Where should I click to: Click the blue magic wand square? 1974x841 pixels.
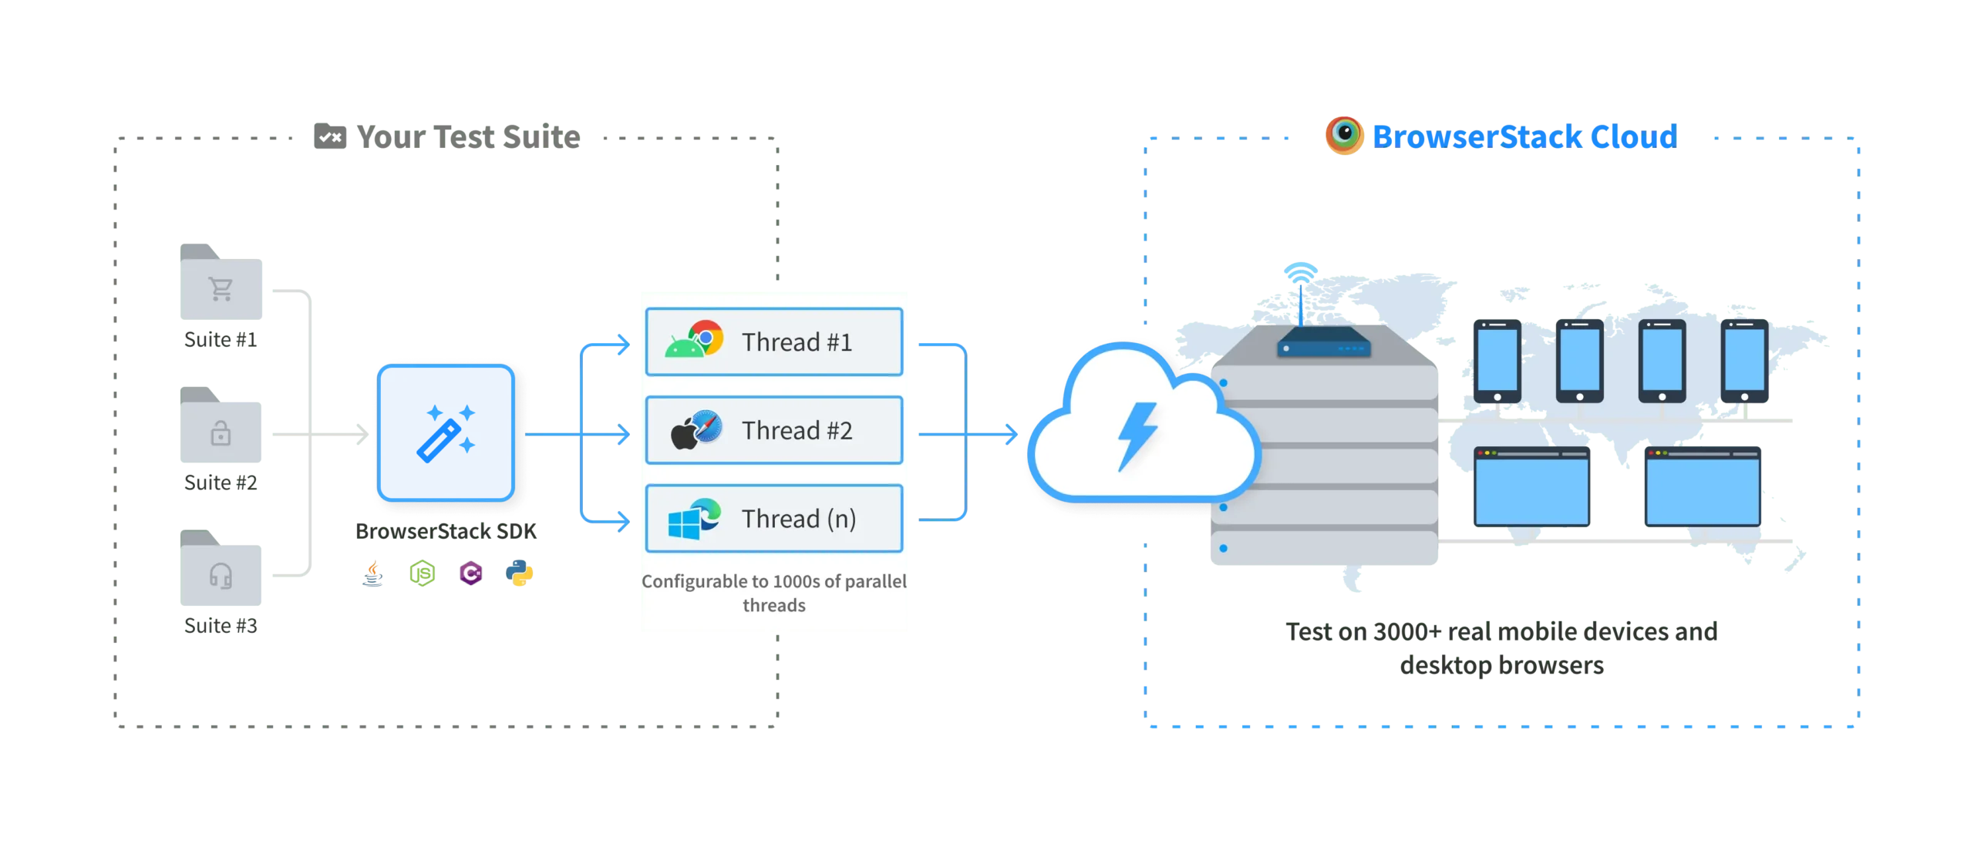pyautogui.click(x=446, y=432)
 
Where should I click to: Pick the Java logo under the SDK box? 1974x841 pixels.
pyautogui.click(x=374, y=574)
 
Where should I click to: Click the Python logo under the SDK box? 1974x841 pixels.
pyautogui.click(x=519, y=574)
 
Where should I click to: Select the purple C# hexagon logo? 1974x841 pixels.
pyautogui.click(x=470, y=574)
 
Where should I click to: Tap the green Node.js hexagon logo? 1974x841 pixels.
pyautogui.click(x=423, y=574)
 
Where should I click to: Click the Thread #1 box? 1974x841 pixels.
pyautogui.click(x=773, y=341)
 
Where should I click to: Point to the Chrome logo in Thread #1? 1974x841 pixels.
pyautogui.click(x=706, y=338)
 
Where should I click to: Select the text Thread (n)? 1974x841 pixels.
pyautogui.click(x=799, y=519)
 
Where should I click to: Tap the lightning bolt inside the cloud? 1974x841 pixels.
pyautogui.click(x=1138, y=435)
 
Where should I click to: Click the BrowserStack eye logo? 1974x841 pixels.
pyautogui.click(x=1345, y=135)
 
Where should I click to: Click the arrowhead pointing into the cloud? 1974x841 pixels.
pyautogui.click(x=1011, y=435)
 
